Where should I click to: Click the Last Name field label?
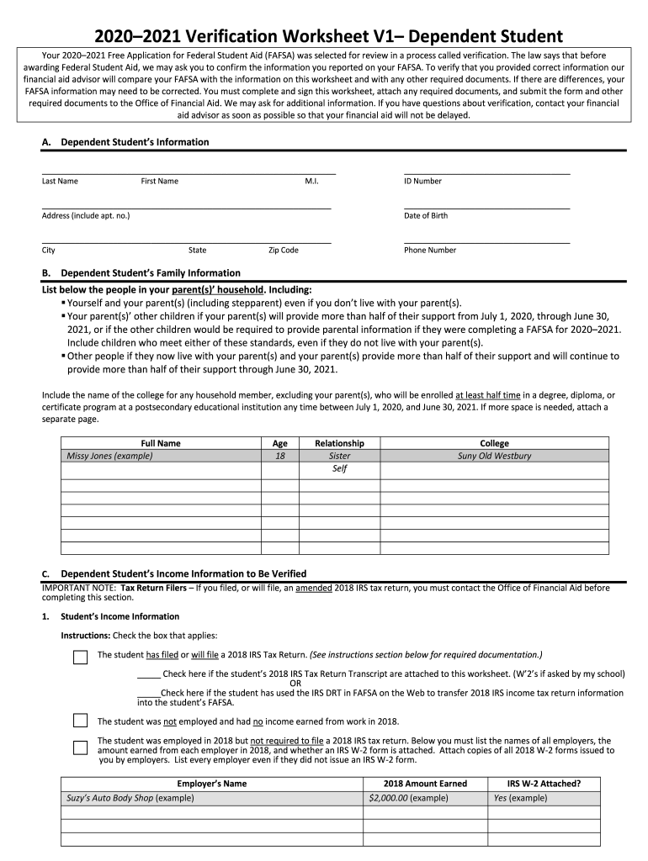pyautogui.click(x=60, y=181)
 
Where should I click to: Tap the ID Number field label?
pyautogui.click(x=422, y=181)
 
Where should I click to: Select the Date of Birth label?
pyautogui.click(x=426, y=215)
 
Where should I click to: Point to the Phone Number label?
pyautogui.click(x=430, y=250)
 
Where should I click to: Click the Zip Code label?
pyautogui.click(x=283, y=250)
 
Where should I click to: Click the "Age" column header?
pyautogui.click(x=280, y=443)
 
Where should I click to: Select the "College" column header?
pyautogui.click(x=494, y=443)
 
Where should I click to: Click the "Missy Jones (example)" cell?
pyautogui.click(x=109, y=456)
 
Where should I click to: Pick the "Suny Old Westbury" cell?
pyautogui.click(x=494, y=456)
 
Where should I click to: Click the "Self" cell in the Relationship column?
pyautogui.click(x=339, y=468)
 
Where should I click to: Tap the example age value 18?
pyautogui.click(x=280, y=456)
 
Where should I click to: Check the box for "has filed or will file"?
pyautogui.click(x=80, y=657)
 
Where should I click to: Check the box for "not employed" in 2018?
pyautogui.click(x=80, y=721)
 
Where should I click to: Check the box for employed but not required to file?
pyautogui.click(x=80, y=747)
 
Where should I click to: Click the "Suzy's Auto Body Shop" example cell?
pyautogui.click(x=130, y=797)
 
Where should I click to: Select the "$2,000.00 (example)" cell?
pyautogui.click(x=408, y=797)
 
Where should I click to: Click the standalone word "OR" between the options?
pyautogui.click(x=295, y=683)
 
